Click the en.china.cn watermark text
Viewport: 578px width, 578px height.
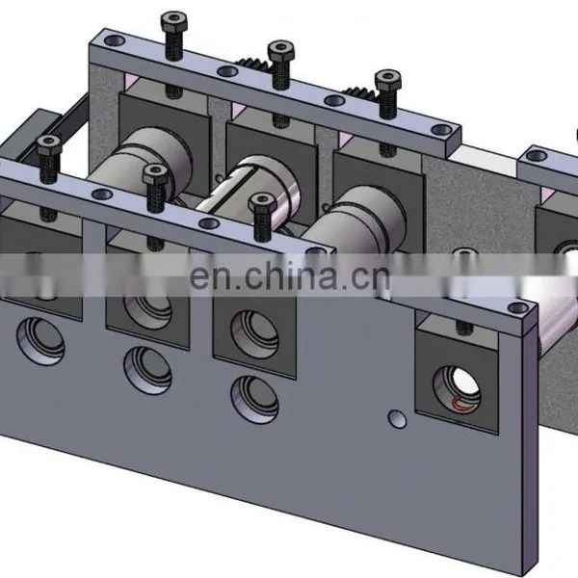click(289, 276)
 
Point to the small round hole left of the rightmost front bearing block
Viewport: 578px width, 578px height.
click(397, 419)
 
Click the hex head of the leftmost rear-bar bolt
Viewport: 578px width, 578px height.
click(174, 21)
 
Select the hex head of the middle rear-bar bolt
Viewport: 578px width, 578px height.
click(281, 50)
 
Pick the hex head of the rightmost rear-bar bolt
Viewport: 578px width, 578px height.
click(388, 80)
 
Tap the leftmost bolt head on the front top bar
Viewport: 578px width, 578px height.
click(49, 144)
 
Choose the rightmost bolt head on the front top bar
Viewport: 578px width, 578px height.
click(262, 203)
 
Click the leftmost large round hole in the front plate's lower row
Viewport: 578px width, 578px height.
click(40, 341)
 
